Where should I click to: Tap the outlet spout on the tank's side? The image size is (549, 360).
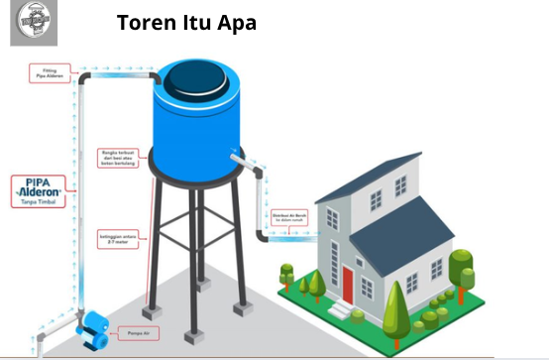[x=238, y=156]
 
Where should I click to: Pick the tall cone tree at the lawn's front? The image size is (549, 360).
[x=394, y=304]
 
